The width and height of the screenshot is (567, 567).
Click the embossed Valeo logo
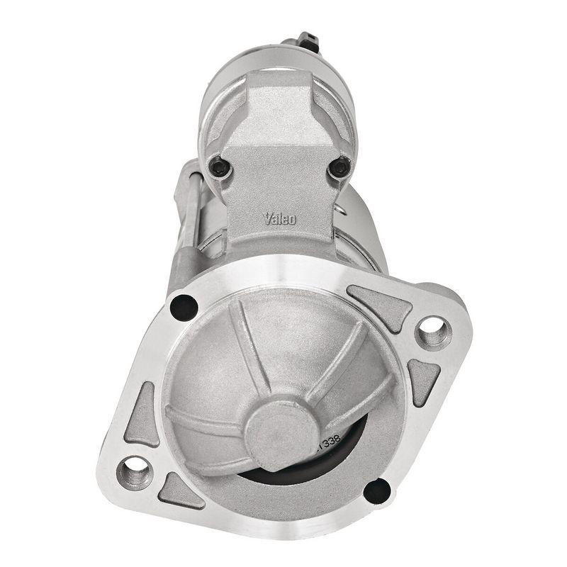click(281, 218)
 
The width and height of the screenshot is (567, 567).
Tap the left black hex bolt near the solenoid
click(220, 167)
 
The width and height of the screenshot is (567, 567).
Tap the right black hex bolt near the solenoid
click(339, 168)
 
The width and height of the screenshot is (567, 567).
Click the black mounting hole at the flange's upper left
click(184, 306)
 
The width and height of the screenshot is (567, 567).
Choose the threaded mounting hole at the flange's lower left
click(135, 471)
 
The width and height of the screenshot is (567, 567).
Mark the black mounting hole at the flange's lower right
click(376, 490)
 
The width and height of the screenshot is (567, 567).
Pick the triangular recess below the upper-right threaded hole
click(424, 380)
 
